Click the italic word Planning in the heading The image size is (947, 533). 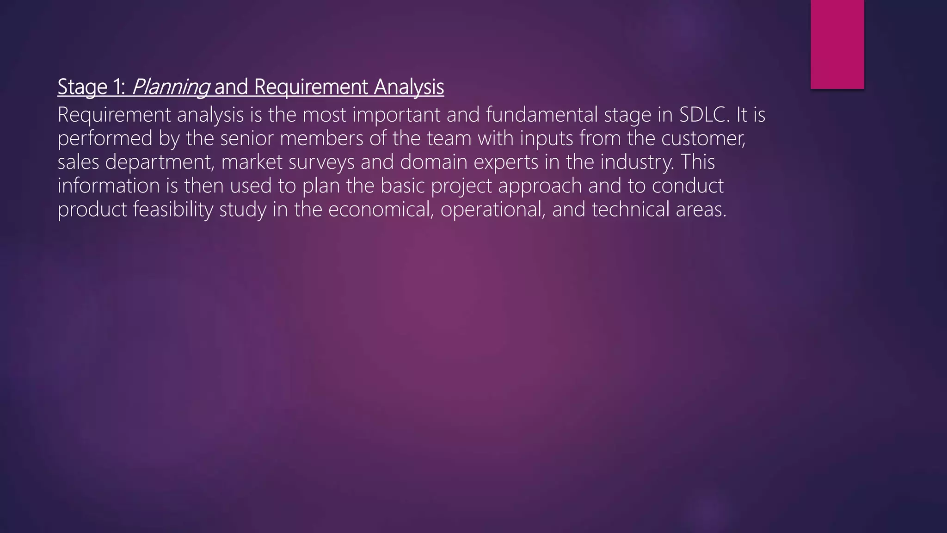coord(170,87)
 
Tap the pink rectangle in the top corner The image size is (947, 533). coord(837,44)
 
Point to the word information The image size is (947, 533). coord(109,186)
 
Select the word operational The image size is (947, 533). coord(492,209)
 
